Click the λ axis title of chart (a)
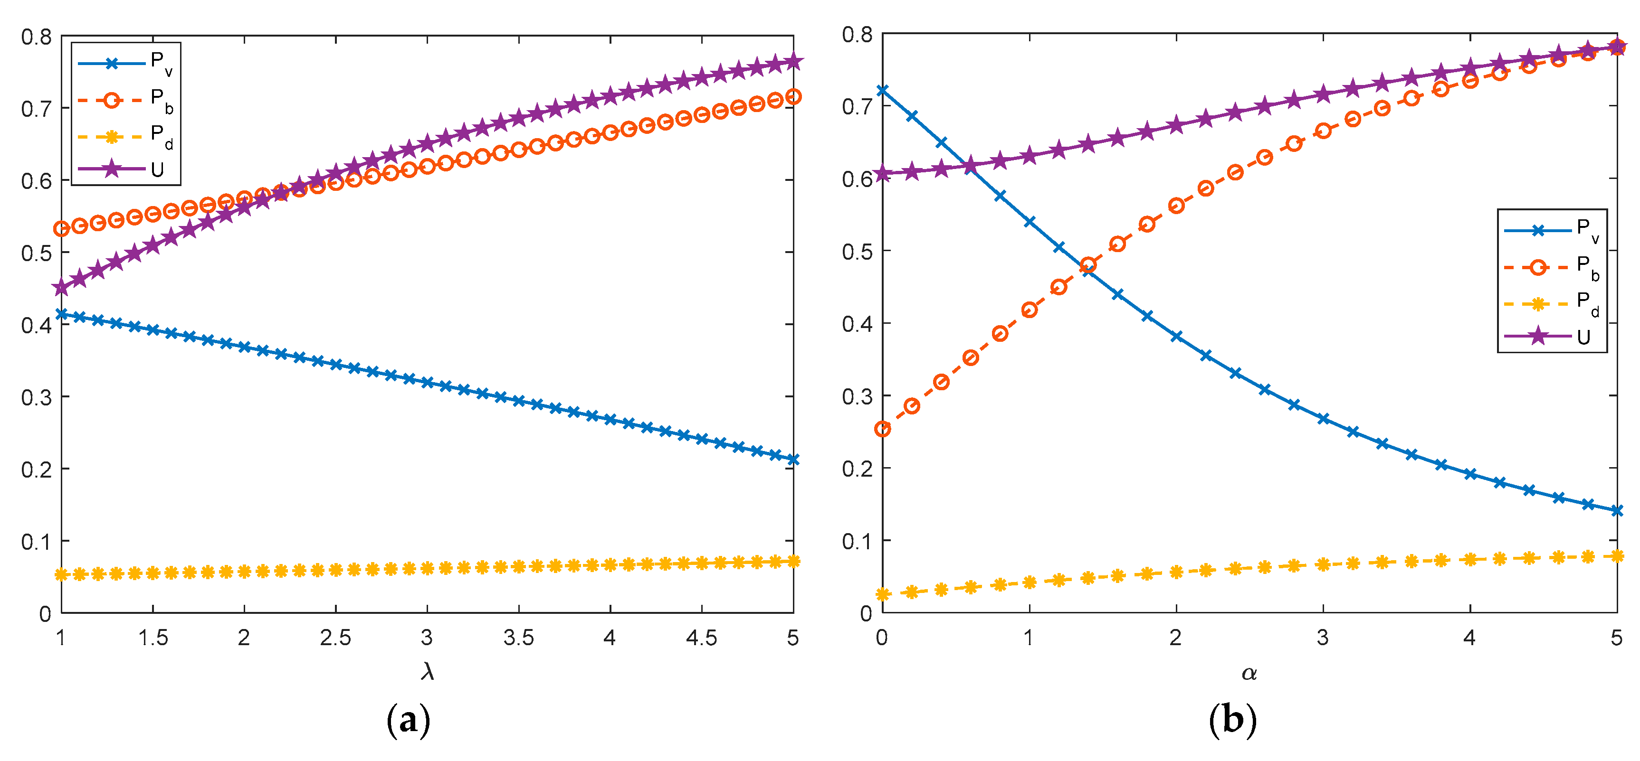pyautogui.click(x=427, y=672)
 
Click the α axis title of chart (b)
pyautogui.click(x=1249, y=673)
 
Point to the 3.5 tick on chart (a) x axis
pyautogui.click(x=519, y=638)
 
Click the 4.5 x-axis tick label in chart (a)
pyautogui.click(x=702, y=638)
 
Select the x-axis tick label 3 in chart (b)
pyautogui.click(x=1323, y=638)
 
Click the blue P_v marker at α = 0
pyautogui.click(x=882, y=90)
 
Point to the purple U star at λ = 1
pyautogui.click(x=61, y=288)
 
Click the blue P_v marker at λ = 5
pyautogui.click(x=792, y=460)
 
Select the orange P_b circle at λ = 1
pyautogui.click(x=61, y=228)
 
